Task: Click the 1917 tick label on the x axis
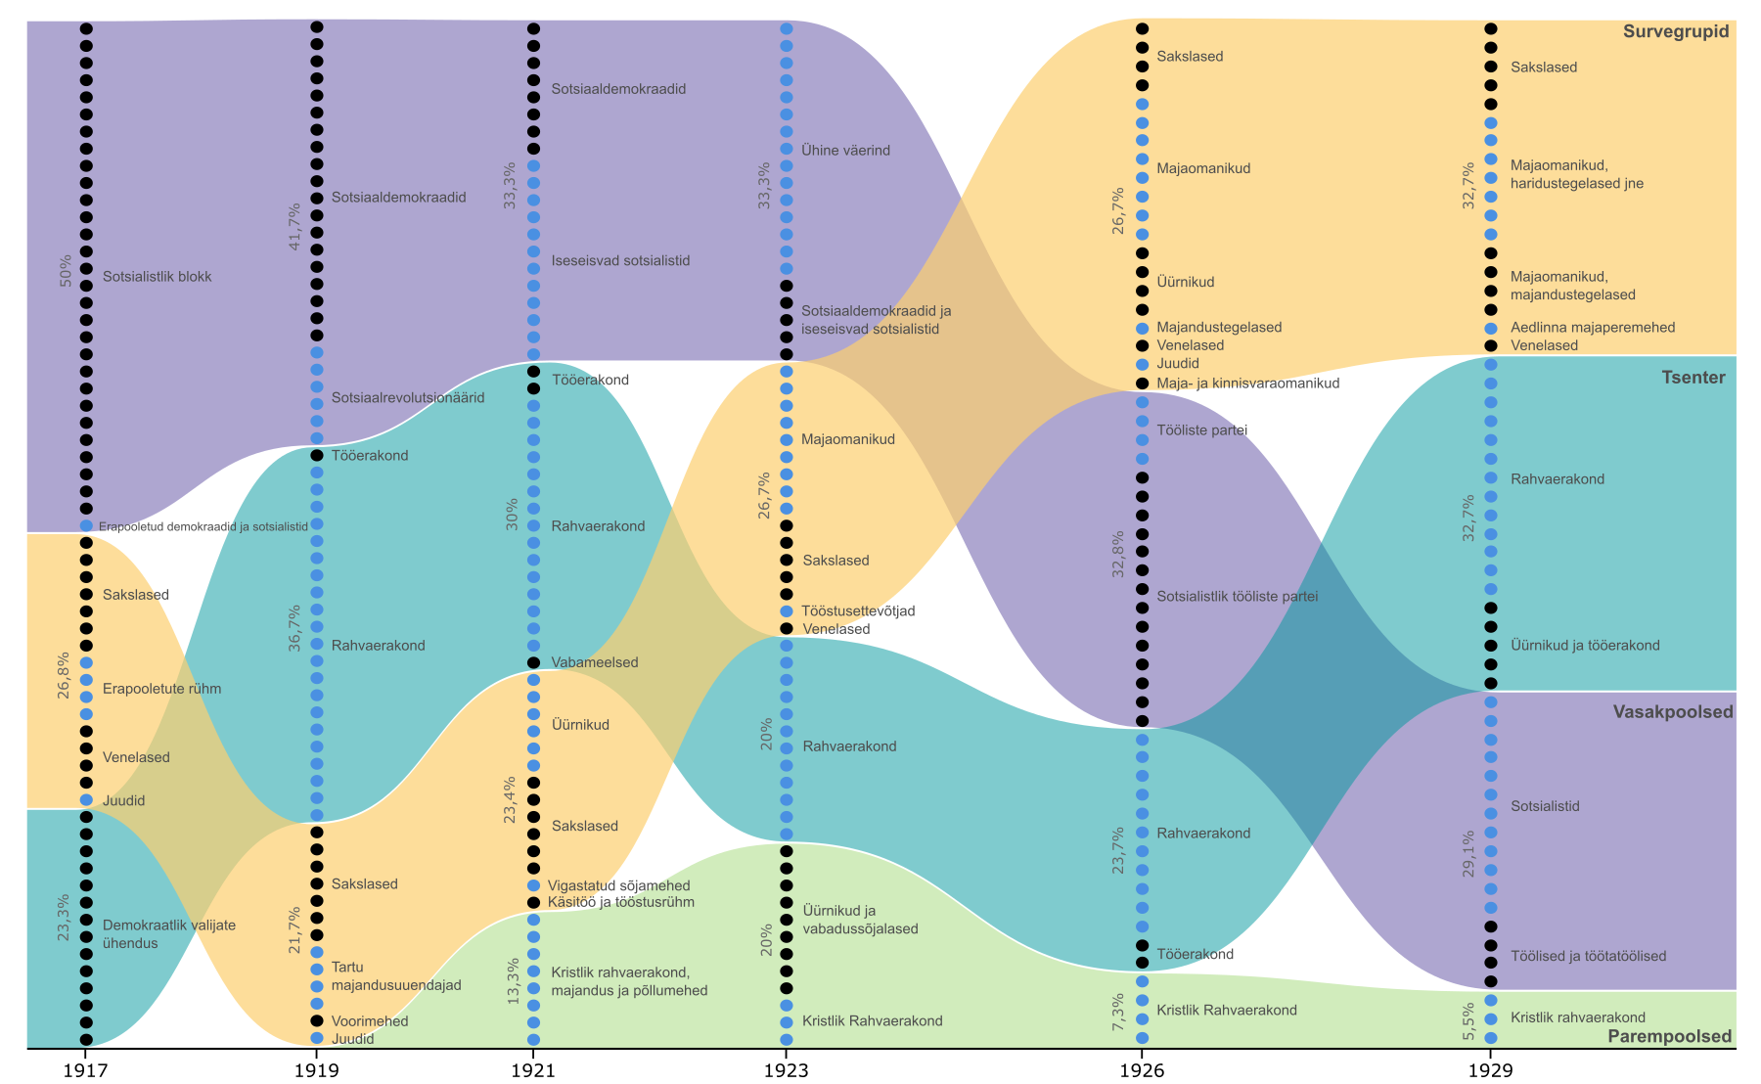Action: point(86,1069)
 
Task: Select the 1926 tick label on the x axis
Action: point(1141,1069)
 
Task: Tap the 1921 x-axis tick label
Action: point(533,1069)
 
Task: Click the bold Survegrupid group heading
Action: point(1676,31)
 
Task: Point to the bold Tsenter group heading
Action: point(1693,378)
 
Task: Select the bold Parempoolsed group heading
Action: point(1669,1036)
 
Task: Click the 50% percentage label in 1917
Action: point(66,271)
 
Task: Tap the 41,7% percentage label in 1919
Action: point(295,228)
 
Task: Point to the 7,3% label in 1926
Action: point(1119,1012)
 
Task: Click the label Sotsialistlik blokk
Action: point(158,277)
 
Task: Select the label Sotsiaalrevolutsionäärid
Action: point(408,398)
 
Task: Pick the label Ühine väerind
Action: point(846,151)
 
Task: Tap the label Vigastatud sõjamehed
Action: point(619,885)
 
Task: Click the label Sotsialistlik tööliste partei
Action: point(1238,596)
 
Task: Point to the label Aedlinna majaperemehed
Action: point(1593,328)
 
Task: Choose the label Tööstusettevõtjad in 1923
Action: point(859,610)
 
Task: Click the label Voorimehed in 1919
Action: point(370,1021)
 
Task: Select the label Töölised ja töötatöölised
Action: point(1589,956)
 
